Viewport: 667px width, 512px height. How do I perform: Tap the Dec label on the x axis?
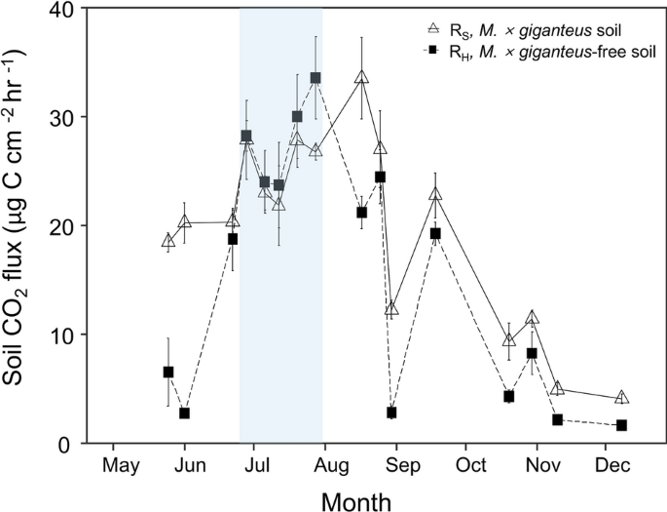[610, 464]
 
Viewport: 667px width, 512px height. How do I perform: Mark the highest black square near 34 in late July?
[315, 78]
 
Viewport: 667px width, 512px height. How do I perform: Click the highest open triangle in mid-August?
[361, 77]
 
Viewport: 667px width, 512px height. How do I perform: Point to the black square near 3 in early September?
[391, 413]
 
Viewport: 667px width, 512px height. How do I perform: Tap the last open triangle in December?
[621, 397]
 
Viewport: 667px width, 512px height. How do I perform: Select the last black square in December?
[621, 425]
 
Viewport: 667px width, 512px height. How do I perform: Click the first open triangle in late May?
[168, 240]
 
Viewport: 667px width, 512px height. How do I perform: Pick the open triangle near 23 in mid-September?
[435, 194]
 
